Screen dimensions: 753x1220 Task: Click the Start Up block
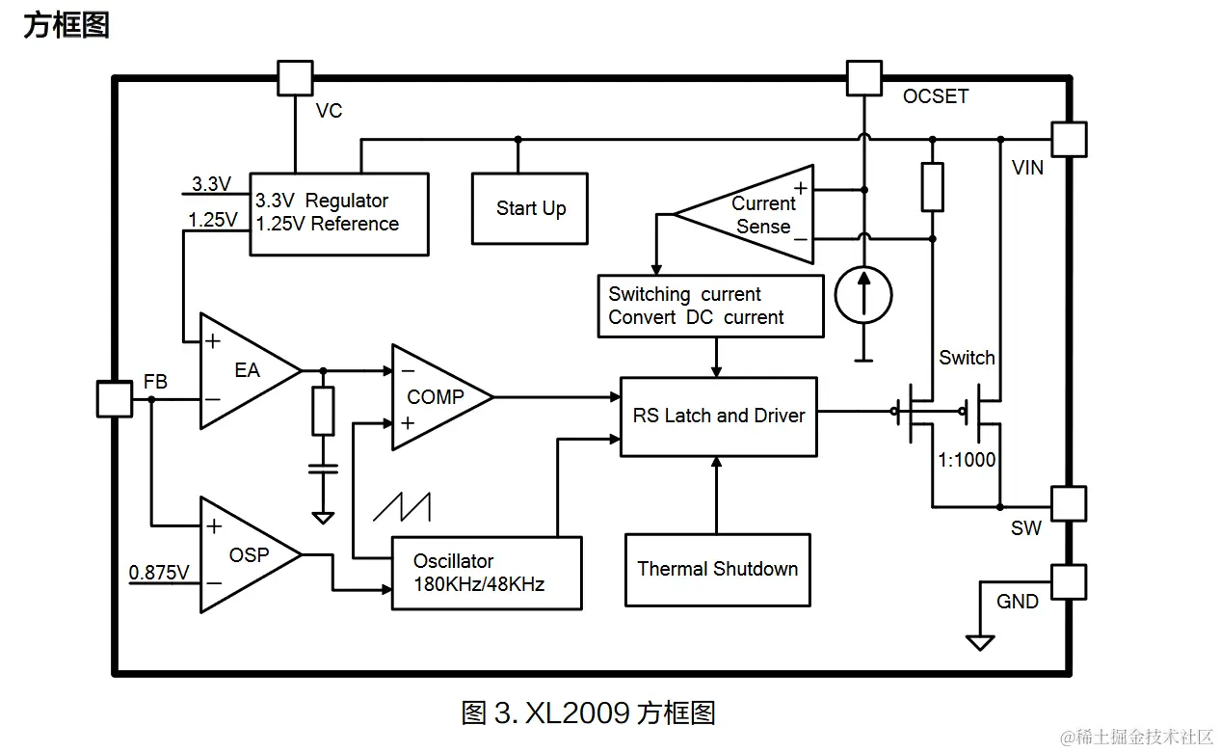pyautogui.click(x=530, y=208)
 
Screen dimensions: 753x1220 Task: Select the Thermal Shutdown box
pyautogui.click(x=717, y=569)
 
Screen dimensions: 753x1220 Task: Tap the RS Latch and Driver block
pyautogui.click(x=718, y=416)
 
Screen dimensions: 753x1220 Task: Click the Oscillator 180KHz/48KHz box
pyautogui.click(x=486, y=573)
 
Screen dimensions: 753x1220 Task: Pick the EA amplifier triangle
pyautogui.click(x=245, y=370)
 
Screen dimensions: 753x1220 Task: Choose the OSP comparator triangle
pyautogui.click(x=245, y=554)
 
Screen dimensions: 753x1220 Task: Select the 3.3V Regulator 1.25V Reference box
pyautogui.click(x=338, y=213)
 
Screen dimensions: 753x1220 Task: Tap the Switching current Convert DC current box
pyautogui.click(x=710, y=307)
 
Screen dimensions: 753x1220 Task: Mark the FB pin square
pyautogui.click(x=115, y=398)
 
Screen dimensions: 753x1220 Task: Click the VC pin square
pyautogui.click(x=295, y=78)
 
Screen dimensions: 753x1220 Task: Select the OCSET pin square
pyautogui.click(x=863, y=78)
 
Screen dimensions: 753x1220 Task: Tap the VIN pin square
pyautogui.click(x=1069, y=139)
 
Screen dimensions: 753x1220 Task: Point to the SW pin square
pyautogui.click(x=1069, y=503)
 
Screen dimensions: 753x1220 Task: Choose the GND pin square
pyautogui.click(x=1069, y=581)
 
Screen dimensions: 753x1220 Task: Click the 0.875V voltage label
pyautogui.click(x=160, y=573)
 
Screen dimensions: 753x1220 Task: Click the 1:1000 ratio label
pyautogui.click(x=967, y=460)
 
